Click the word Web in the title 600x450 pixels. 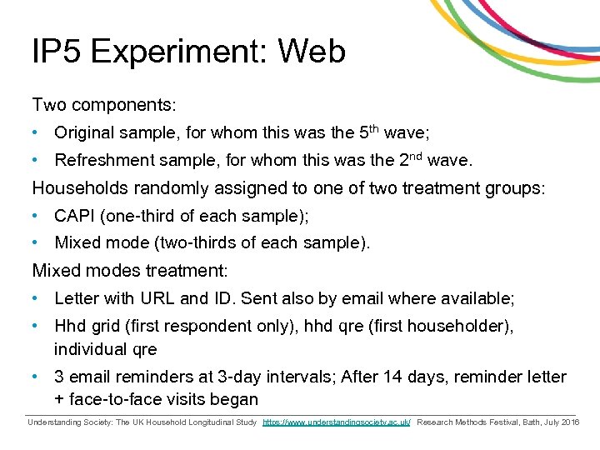point(312,52)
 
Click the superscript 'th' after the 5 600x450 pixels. point(375,128)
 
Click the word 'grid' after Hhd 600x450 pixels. point(106,327)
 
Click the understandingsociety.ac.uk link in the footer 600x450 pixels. point(337,423)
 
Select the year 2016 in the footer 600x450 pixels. point(570,423)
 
